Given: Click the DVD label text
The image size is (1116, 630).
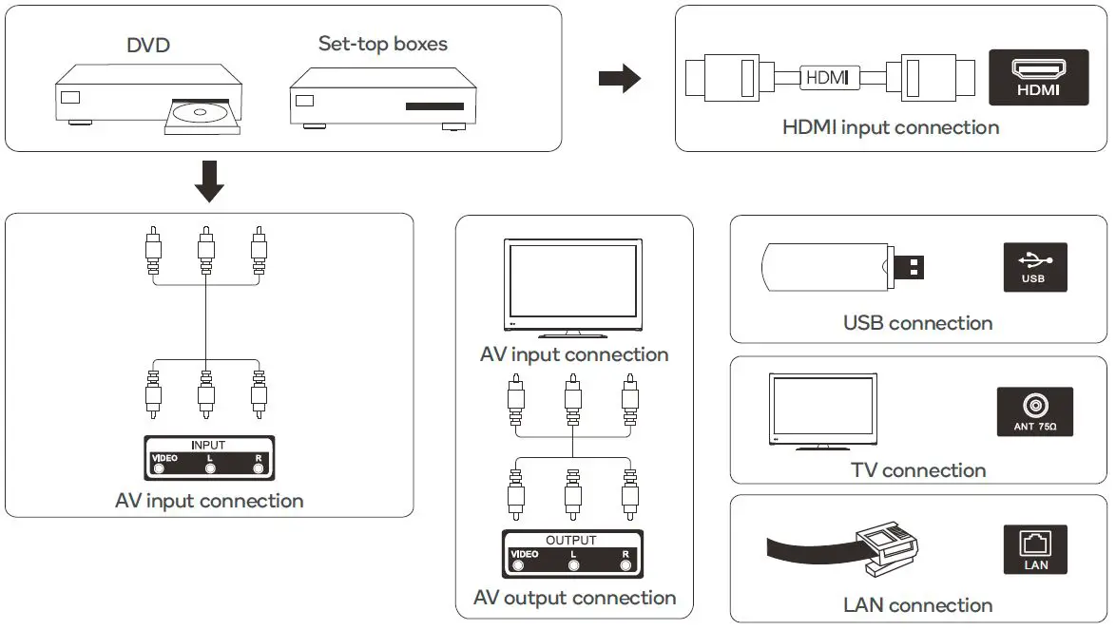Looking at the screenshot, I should point(149,45).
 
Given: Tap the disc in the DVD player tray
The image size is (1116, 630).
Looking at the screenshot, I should point(202,113).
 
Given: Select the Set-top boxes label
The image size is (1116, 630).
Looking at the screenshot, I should point(382,44).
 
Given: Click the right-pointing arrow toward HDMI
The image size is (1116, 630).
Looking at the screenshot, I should point(620,79).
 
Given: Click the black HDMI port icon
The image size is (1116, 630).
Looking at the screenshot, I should point(1038,77).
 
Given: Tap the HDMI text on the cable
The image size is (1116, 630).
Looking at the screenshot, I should point(826,77).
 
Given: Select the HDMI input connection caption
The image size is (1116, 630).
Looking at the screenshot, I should point(891,127).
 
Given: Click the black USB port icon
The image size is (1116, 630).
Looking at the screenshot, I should point(1035,266).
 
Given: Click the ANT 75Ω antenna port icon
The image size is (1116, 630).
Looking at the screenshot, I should point(1035,412).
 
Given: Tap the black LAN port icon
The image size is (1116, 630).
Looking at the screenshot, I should point(1035,550).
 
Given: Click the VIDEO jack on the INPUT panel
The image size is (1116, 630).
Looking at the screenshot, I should point(159,468).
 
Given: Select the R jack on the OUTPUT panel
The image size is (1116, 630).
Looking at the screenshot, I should point(625,565).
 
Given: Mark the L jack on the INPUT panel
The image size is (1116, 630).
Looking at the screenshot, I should point(210,468).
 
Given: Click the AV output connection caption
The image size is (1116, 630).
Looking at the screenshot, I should point(574,598).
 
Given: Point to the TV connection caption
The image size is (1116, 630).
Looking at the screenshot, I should point(918,470).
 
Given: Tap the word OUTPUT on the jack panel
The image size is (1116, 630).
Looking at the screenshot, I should point(571,540).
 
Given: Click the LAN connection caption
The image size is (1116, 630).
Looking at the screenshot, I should point(917,605).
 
